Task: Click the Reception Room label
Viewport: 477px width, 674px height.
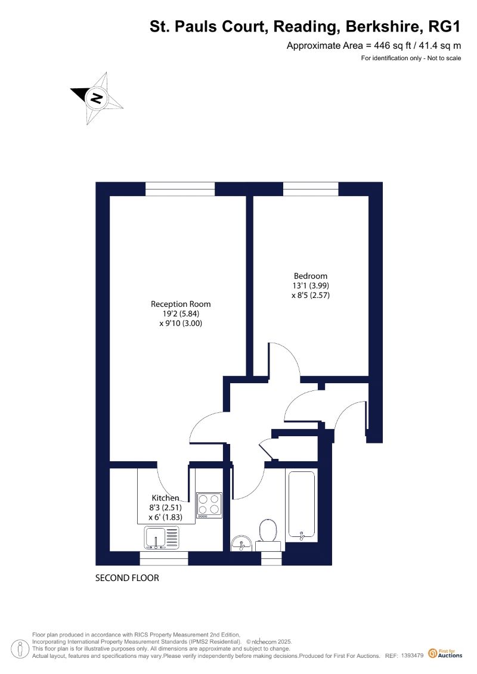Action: point(181,304)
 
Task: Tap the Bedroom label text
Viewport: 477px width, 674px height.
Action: point(311,276)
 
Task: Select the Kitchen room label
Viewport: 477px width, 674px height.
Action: point(165,498)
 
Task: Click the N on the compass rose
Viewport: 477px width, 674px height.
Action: point(97,98)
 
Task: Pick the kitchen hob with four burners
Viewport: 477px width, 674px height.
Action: point(209,505)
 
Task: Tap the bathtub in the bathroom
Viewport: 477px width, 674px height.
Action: point(302,505)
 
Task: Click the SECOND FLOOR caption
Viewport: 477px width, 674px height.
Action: point(127,578)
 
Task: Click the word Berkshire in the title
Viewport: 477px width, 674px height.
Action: point(382,27)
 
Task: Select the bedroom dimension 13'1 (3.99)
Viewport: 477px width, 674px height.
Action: point(311,285)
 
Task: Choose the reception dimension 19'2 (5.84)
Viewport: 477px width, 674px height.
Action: point(181,314)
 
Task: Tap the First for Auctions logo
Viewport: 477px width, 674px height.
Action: point(445,653)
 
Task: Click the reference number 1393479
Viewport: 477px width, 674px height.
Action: point(412,656)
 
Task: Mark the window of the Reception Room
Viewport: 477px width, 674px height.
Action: point(180,189)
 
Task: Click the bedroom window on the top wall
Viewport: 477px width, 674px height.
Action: point(311,189)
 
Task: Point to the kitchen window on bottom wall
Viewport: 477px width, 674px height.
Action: point(164,558)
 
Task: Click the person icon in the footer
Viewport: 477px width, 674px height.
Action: point(20,649)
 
